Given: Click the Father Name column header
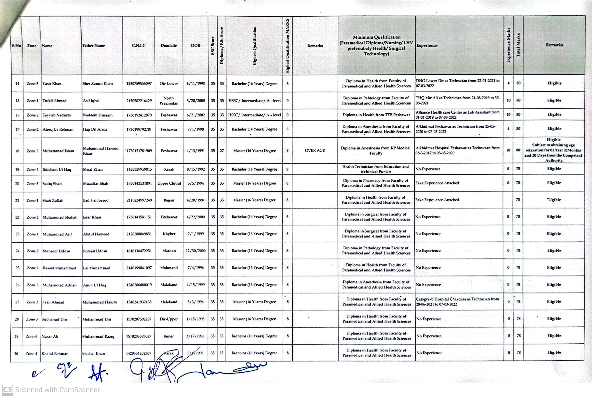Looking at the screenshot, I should click(94, 46).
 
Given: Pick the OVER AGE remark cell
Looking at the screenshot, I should click(315, 150).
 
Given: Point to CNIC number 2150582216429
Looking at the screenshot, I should click(139, 101).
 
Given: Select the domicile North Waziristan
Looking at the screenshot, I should click(169, 101).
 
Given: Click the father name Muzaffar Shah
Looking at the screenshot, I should click(95, 183).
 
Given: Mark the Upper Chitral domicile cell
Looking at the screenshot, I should click(169, 183).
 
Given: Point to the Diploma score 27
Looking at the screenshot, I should click(222, 151).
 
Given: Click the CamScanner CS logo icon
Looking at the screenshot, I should click(7, 390).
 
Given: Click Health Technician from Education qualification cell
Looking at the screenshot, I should click(376, 169).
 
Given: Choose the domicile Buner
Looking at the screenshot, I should click(169, 336).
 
